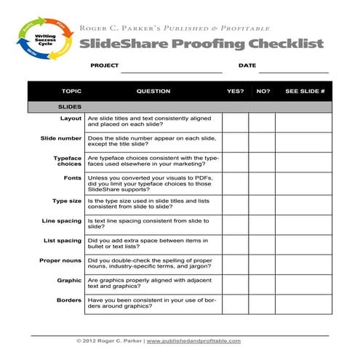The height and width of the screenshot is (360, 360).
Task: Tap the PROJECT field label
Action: coord(104,65)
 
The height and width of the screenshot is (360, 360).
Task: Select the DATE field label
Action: coord(247,65)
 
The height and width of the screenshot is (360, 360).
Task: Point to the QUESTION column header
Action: coord(153,92)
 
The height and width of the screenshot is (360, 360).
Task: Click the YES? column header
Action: coord(235,92)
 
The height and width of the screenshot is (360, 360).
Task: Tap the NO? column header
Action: coord(263,92)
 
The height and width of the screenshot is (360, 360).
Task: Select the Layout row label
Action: coord(71,118)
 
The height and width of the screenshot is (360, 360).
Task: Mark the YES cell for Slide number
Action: coord(235,141)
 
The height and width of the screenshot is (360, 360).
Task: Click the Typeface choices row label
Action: coord(68,161)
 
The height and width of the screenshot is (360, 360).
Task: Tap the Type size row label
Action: coord(67,200)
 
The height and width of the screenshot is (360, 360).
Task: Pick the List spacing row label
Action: coord(63,241)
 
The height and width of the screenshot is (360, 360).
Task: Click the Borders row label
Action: coord(69,300)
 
